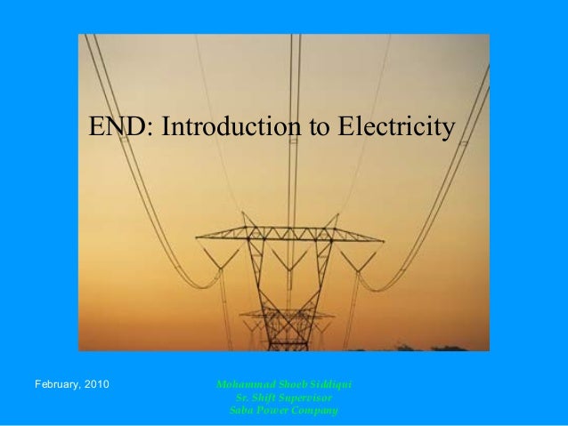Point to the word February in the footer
59,384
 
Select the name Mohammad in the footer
242,384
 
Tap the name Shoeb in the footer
288,384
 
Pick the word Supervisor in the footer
304,398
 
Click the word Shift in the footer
261,398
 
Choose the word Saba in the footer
240,410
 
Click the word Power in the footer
273,410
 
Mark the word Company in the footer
316,410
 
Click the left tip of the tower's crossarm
198,237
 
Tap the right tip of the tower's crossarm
383,239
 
